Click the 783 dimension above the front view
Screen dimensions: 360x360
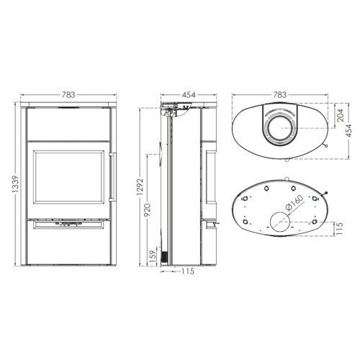[68, 95]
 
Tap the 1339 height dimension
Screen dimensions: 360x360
[15, 184]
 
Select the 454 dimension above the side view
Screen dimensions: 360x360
[189, 95]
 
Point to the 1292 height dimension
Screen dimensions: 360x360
[140, 186]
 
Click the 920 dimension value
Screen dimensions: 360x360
[148, 210]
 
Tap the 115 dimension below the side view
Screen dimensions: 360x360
[188, 271]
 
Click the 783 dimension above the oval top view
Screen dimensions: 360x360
[280, 95]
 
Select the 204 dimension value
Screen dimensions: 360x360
[340, 115]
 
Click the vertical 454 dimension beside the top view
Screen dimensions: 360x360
[349, 131]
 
